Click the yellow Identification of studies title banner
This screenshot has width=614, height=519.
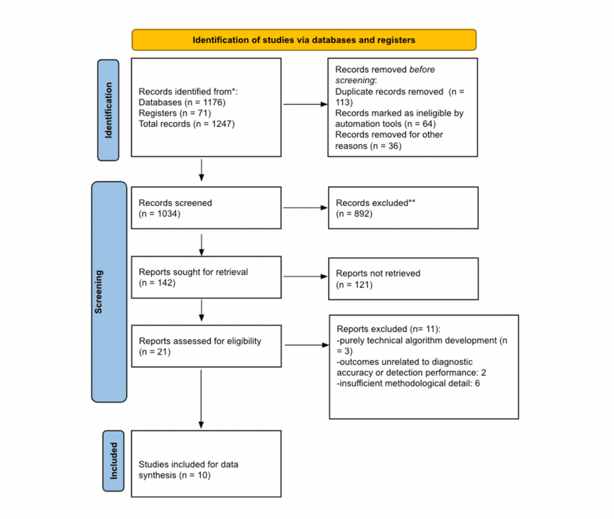(x=304, y=40)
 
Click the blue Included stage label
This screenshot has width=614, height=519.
(x=113, y=461)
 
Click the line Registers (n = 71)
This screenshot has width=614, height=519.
(x=175, y=113)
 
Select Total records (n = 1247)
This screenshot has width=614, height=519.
(x=186, y=123)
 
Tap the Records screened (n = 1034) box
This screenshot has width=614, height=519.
(x=205, y=208)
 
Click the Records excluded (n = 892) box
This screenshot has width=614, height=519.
(x=403, y=208)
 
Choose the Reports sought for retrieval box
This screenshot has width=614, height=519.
(x=205, y=278)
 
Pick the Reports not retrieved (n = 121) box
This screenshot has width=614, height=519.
(x=403, y=278)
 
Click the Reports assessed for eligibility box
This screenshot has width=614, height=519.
(x=205, y=346)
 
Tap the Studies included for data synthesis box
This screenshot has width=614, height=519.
(x=205, y=464)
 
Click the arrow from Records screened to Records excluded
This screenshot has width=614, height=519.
(x=305, y=208)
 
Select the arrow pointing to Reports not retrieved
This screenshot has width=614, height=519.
(x=305, y=278)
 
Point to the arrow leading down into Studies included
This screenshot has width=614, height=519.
(x=201, y=398)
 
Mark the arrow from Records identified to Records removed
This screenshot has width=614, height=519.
(x=305, y=104)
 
